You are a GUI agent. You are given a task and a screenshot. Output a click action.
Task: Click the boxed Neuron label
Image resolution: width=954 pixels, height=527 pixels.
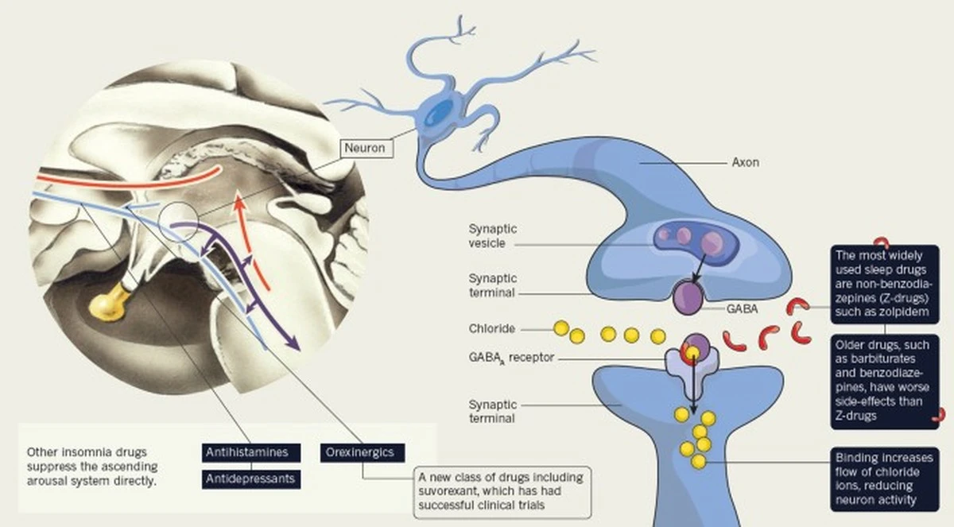(366, 147)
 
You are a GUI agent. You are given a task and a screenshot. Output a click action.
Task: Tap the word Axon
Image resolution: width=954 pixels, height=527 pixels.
(745, 162)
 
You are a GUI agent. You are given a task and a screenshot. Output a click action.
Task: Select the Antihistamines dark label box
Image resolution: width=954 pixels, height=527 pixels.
(251, 453)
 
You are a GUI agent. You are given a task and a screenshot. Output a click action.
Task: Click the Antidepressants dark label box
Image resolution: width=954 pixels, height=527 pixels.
(251, 479)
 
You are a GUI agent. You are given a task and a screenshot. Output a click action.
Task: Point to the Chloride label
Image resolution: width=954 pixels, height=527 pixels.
(492, 327)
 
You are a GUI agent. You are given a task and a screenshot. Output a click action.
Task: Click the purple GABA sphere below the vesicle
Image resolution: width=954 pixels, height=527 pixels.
(688, 297)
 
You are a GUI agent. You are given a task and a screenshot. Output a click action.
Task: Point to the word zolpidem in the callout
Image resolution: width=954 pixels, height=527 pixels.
(909, 312)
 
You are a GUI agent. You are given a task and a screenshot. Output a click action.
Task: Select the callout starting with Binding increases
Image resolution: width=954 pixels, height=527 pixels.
(882, 479)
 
